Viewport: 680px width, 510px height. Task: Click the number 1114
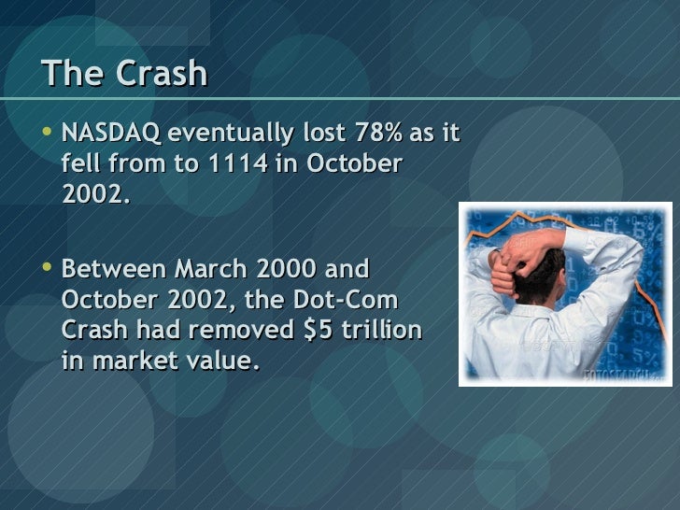click(236, 164)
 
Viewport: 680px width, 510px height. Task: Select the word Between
click(106, 271)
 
